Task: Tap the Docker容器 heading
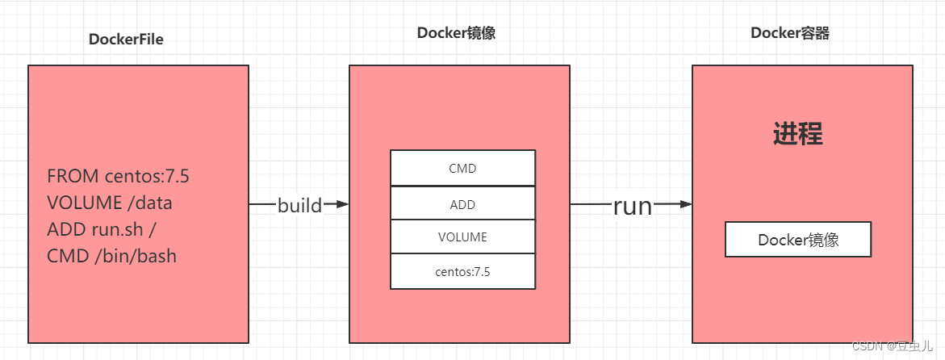(x=790, y=33)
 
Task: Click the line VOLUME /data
(x=110, y=203)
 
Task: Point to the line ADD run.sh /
(x=102, y=229)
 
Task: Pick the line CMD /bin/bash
(x=111, y=256)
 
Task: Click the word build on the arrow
(x=299, y=205)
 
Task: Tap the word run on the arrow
(x=632, y=206)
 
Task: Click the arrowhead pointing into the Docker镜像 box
(x=342, y=205)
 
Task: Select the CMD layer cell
(x=462, y=169)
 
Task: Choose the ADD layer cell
(x=462, y=204)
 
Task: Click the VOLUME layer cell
(x=462, y=237)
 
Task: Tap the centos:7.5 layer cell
(x=462, y=272)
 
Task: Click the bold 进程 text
(x=798, y=134)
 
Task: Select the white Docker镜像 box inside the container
(x=797, y=241)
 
